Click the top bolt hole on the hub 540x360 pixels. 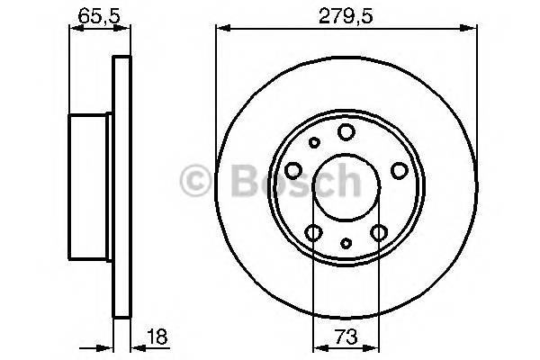pyautogui.click(x=346, y=133)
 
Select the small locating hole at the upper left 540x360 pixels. pyautogui.click(x=314, y=142)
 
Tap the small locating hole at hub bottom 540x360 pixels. pyautogui.click(x=346, y=242)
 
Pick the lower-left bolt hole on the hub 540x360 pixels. pyautogui.click(x=313, y=233)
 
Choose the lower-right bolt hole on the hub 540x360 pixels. pyautogui.click(x=379, y=233)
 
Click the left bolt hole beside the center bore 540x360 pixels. pyautogui.click(x=293, y=171)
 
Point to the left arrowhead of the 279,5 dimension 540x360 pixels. pyautogui.click(x=220, y=30)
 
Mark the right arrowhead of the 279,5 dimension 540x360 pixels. pyautogui.click(x=472, y=30)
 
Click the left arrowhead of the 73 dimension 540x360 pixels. pyautogui.click(x=318, y=345)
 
